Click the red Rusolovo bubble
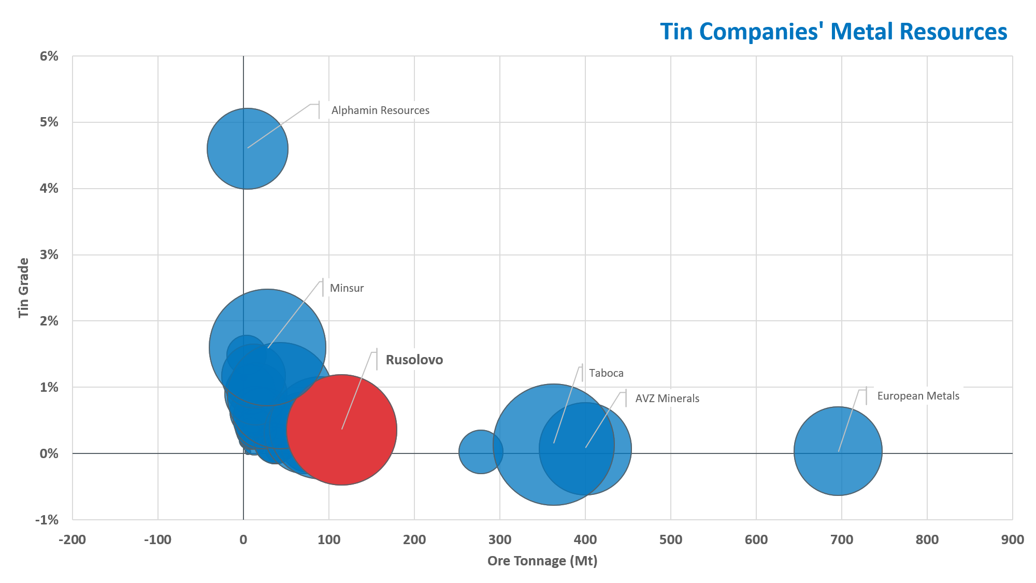click(x=352, y=440)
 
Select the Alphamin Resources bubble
click(x=248, y=149)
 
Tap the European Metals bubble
click(x=838, y=451)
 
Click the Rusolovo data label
click(x=414, y=360)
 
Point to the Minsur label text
click(x=347, y=288)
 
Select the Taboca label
click(x=606, y=373)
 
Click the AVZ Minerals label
click(x=667, y=399)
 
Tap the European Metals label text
click(x=918, y=396)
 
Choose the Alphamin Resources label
click(x=380, y=110)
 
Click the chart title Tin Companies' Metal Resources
click(x=833, y=32)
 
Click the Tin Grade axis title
click(x=24, y=288)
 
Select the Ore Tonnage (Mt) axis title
click(x=542, y=561)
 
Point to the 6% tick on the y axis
click(x=49, y=56)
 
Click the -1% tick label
click(x=47, y=520)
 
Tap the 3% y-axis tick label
click(x=49, y=254)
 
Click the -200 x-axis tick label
click(x=73, y=539)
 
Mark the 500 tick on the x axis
click(x=671, y=539)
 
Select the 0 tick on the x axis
click(x=243, y=539)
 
